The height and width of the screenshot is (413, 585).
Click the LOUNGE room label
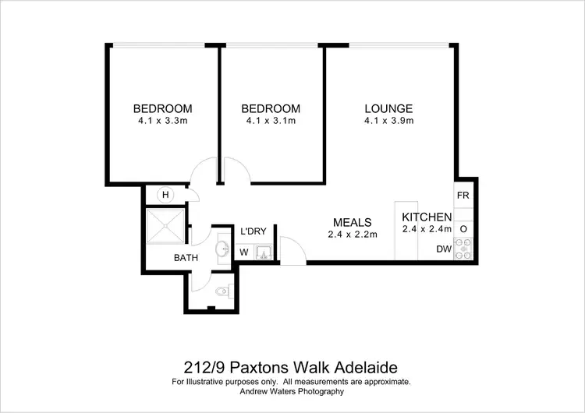[x=388, y=108]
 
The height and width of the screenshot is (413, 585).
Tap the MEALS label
[x=352, y=222]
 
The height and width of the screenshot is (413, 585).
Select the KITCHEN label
[x=427, y=217]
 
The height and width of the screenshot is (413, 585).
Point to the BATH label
[x=186, y=258]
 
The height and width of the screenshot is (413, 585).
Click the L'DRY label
[x=253, y=231]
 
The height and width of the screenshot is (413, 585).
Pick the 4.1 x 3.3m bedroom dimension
[x=162, y=121]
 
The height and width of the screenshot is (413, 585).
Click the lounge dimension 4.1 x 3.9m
[x=388, y=121]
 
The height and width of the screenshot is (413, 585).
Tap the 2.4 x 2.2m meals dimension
[x=352, y=234]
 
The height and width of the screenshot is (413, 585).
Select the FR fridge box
[x=463, y=195]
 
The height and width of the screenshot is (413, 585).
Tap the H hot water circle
[x=165, y=194]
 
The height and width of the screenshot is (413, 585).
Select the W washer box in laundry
[x=244, y=252]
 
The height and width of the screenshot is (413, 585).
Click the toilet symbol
[x=222, y=292]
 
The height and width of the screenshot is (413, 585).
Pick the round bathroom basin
[x=222, y=250]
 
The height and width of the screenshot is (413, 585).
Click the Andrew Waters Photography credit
[x=291, y=392]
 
